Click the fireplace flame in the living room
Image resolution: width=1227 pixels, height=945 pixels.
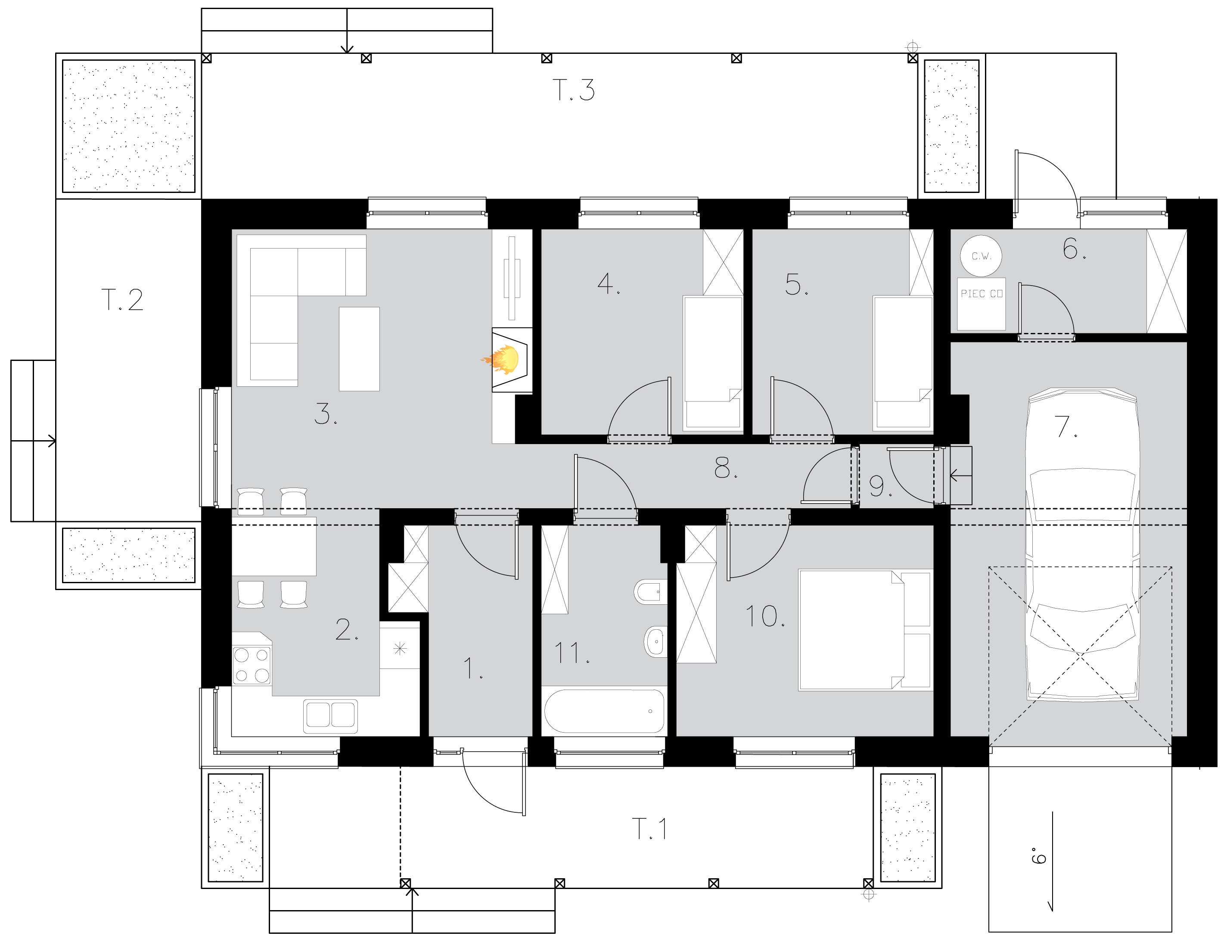click(x=502, y=360)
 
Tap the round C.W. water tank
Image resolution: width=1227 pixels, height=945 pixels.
click(x=981, y=256)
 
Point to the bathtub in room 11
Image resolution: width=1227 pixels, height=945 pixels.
click(x=604, y=711)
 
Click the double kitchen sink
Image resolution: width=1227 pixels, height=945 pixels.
click(x=330, y=715)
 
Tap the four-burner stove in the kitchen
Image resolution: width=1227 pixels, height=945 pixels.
click(x=252, y=665)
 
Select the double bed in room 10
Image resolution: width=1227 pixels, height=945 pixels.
click(x=864, y=630)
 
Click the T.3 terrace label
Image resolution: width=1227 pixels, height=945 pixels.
click(x=574, y=90)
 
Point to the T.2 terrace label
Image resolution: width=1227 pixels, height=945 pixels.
click(x=122, y=300)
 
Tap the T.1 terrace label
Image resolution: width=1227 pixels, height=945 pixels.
click(x=649, y=829)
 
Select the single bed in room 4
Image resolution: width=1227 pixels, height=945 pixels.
click(x=712, y=363)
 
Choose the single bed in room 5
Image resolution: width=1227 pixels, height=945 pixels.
click(x=902, y=363)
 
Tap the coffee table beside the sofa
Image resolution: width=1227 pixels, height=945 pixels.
click(x=359, y=349)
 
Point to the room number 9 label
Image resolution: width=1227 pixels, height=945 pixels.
click(x=879, y=487)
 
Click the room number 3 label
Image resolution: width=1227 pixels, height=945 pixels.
click(x=324, y=414)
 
